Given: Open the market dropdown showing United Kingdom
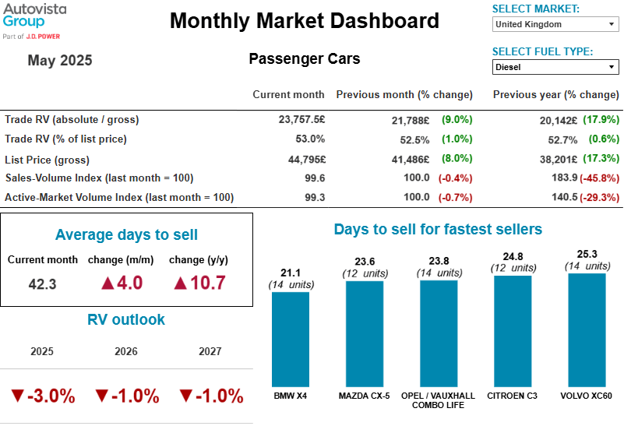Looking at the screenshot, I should point(555,24).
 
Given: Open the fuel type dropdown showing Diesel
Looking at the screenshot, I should point(555,67).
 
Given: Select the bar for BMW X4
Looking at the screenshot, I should point(291,339).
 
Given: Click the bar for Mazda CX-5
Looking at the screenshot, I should point(365,333).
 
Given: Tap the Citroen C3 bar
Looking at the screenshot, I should point(513,331).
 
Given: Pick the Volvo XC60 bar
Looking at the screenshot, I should point(587,329).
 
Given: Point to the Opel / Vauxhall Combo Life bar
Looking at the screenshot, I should point(439,333).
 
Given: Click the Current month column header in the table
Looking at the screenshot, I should point(288,95).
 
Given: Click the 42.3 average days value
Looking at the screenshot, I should point(42,284).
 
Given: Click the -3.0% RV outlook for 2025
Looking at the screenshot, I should point(43,396).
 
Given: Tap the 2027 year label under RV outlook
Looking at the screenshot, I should point(210,351).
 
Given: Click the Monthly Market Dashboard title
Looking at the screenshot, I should point(305,21).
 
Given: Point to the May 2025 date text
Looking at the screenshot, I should point(60,61).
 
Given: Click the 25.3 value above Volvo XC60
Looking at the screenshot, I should point(587,254).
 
